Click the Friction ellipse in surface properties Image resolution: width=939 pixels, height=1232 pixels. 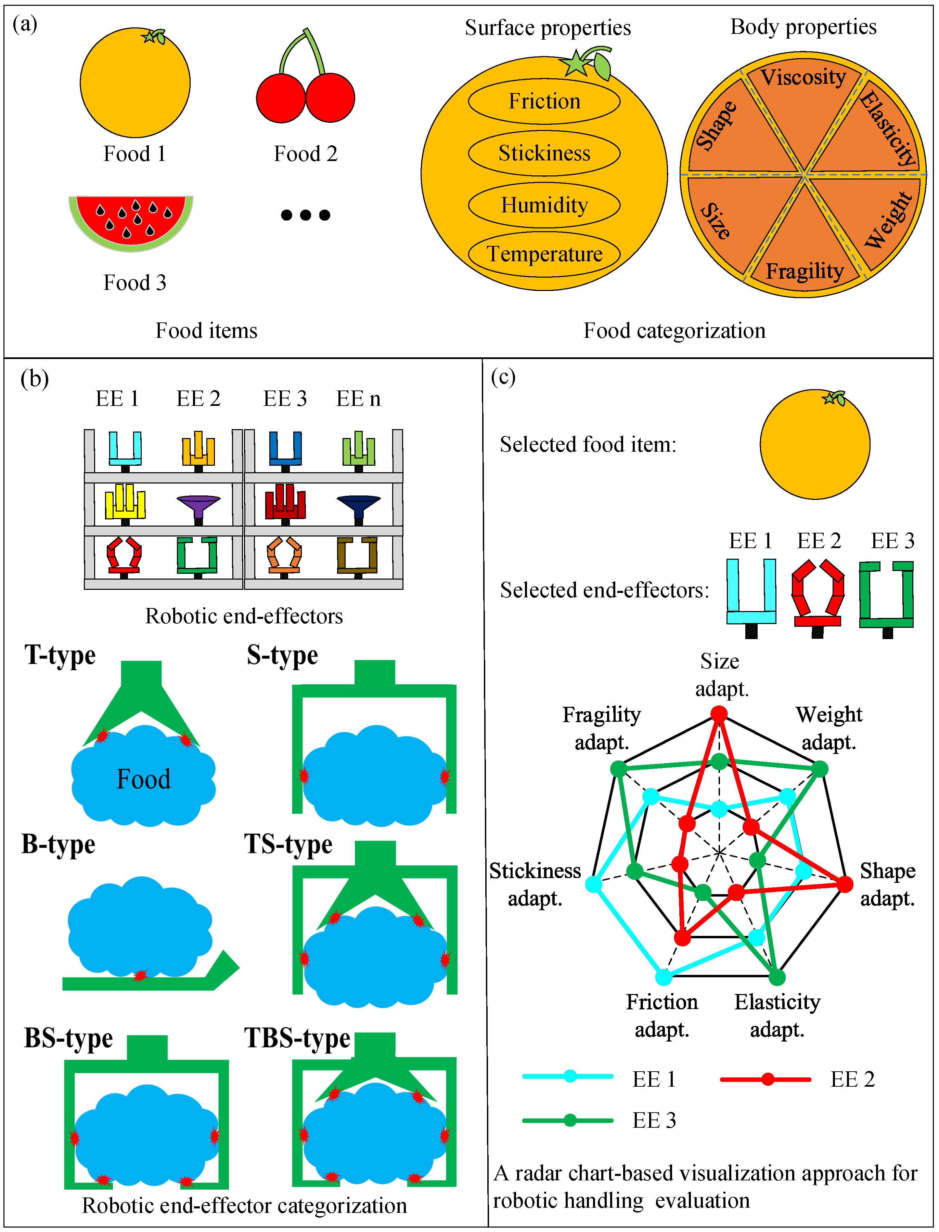[544, 102]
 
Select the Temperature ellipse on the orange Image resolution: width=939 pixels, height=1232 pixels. [544, 254]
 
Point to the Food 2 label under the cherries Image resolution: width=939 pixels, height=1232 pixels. [305, 154]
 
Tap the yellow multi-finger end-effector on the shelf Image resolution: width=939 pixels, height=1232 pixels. [125, 503]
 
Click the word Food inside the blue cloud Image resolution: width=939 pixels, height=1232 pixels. [143, 779]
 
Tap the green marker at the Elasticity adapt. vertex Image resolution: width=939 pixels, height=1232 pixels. [777, 977]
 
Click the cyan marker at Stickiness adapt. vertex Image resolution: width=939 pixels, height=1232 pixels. [594, 884]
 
